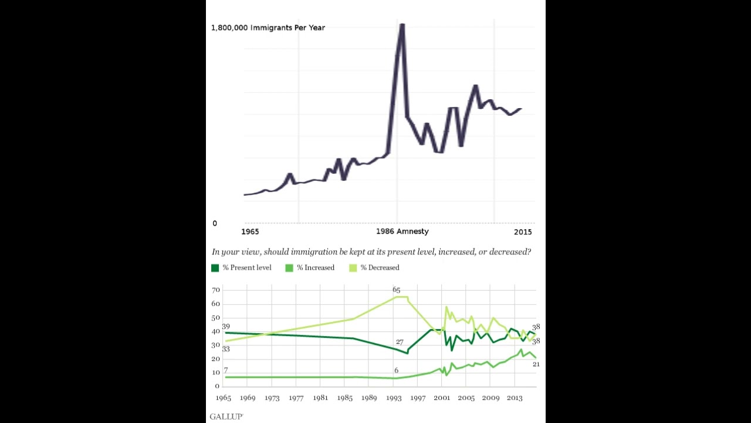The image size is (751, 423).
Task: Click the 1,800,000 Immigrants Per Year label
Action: pos(268,28)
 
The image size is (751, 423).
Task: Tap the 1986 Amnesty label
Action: pos(402,231)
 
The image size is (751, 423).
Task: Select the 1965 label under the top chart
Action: pos(250,232)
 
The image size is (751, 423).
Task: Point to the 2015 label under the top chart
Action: pos(523,232)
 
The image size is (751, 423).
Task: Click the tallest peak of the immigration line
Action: pos(402,25)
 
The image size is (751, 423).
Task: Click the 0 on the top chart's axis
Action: pos(215,223)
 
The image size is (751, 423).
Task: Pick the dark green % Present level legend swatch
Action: pos(215,268)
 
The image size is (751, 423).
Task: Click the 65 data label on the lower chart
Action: pos(396,290)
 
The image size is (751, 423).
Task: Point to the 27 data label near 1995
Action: pos(400,342)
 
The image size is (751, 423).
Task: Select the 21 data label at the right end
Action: pos(536,364)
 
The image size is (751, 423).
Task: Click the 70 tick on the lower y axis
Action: pos(216,290)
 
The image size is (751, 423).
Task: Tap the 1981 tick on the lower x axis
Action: pos(320,398)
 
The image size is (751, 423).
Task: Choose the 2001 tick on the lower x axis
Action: pos(442,398)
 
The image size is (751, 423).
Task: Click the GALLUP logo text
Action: pos(226,417)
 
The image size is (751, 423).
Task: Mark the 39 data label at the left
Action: pos(226,327)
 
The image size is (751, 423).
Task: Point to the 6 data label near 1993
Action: pos(397,370)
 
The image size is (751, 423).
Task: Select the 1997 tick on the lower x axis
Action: pos(418,398)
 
